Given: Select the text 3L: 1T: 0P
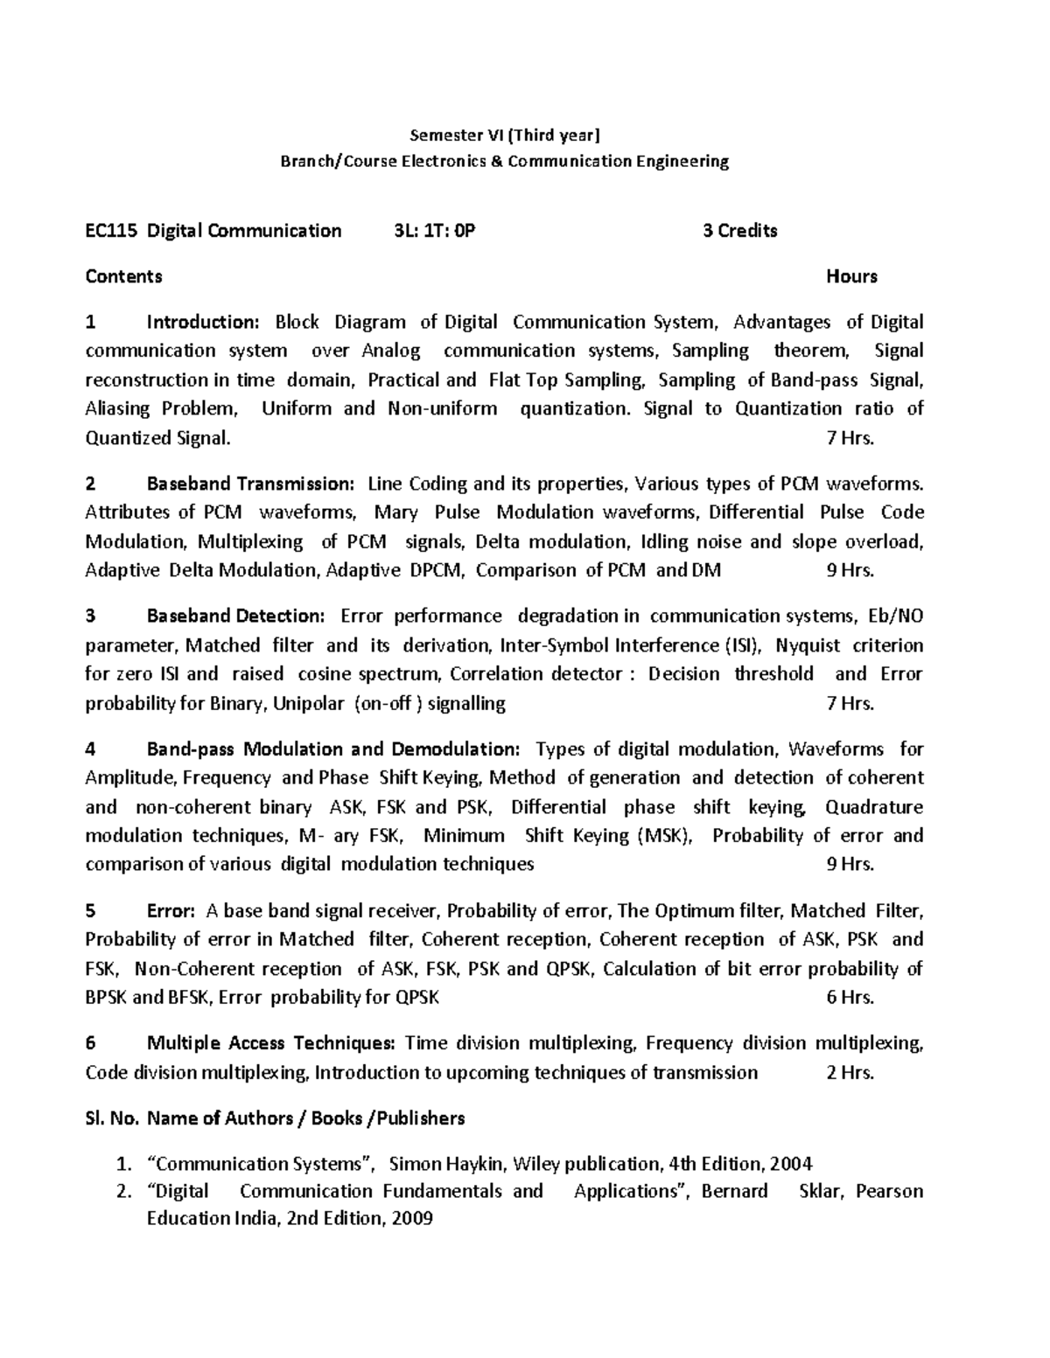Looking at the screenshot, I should [x=435, y=231].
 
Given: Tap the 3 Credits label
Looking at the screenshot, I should [x=740, y=231].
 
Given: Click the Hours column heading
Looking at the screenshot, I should [x=851, y=277].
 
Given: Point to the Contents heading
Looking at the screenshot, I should [x=123, y=277].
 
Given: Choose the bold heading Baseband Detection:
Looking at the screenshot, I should [x=235, y=616].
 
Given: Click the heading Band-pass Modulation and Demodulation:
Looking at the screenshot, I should [x=333, y=749].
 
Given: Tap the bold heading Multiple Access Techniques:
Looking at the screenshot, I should [x=271, y=1043].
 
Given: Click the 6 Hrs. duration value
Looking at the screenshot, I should [x=850, y=998].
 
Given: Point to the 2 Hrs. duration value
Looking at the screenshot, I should [x=850, y=1073].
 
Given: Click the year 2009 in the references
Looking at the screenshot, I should [x=411, y=1219].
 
